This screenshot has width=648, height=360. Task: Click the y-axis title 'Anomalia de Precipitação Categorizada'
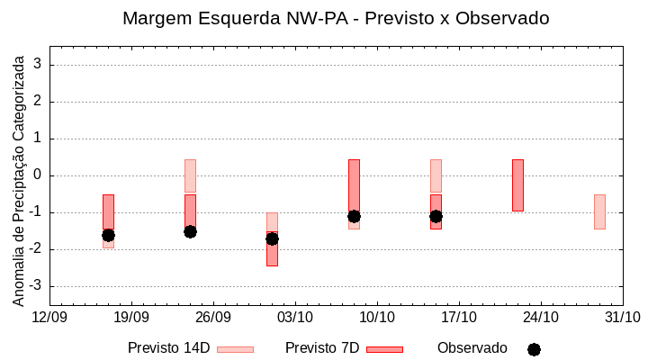19,177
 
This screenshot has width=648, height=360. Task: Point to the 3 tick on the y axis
39,65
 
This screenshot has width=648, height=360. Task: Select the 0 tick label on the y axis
39,175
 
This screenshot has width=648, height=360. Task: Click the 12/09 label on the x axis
49,317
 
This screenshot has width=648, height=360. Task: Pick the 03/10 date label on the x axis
295,317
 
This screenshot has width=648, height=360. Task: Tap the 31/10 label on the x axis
622,317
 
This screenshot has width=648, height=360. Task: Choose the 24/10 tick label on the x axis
541,317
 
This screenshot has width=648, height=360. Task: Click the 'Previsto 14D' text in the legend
168,348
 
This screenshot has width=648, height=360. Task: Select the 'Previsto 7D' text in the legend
322,348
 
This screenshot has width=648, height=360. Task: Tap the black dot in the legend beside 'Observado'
534,349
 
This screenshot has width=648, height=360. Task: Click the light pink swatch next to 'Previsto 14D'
235,349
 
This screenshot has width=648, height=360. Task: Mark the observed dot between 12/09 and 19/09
108,235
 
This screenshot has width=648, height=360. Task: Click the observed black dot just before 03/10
272,238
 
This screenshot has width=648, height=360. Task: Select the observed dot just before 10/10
354,216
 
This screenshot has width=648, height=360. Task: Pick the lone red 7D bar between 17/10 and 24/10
517,184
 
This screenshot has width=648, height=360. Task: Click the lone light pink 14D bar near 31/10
599,211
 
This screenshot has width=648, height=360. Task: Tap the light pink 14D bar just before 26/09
190,176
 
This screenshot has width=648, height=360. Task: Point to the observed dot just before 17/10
436,216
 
